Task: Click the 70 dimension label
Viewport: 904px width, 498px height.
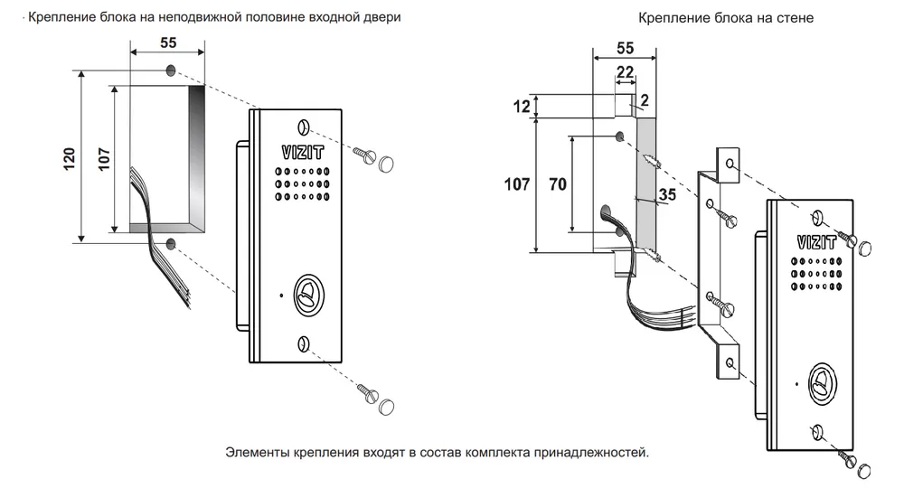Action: pos(557,184)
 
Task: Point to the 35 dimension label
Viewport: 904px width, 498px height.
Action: pos(668,194)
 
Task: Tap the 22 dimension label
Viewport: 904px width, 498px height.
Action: pos(624,71)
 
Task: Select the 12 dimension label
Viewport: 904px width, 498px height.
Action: pos(520,107)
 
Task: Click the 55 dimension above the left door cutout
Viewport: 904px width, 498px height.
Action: pos(167,42)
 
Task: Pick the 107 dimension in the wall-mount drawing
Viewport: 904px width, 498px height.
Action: pos(516,184)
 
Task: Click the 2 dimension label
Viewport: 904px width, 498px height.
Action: pos(645,99)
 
